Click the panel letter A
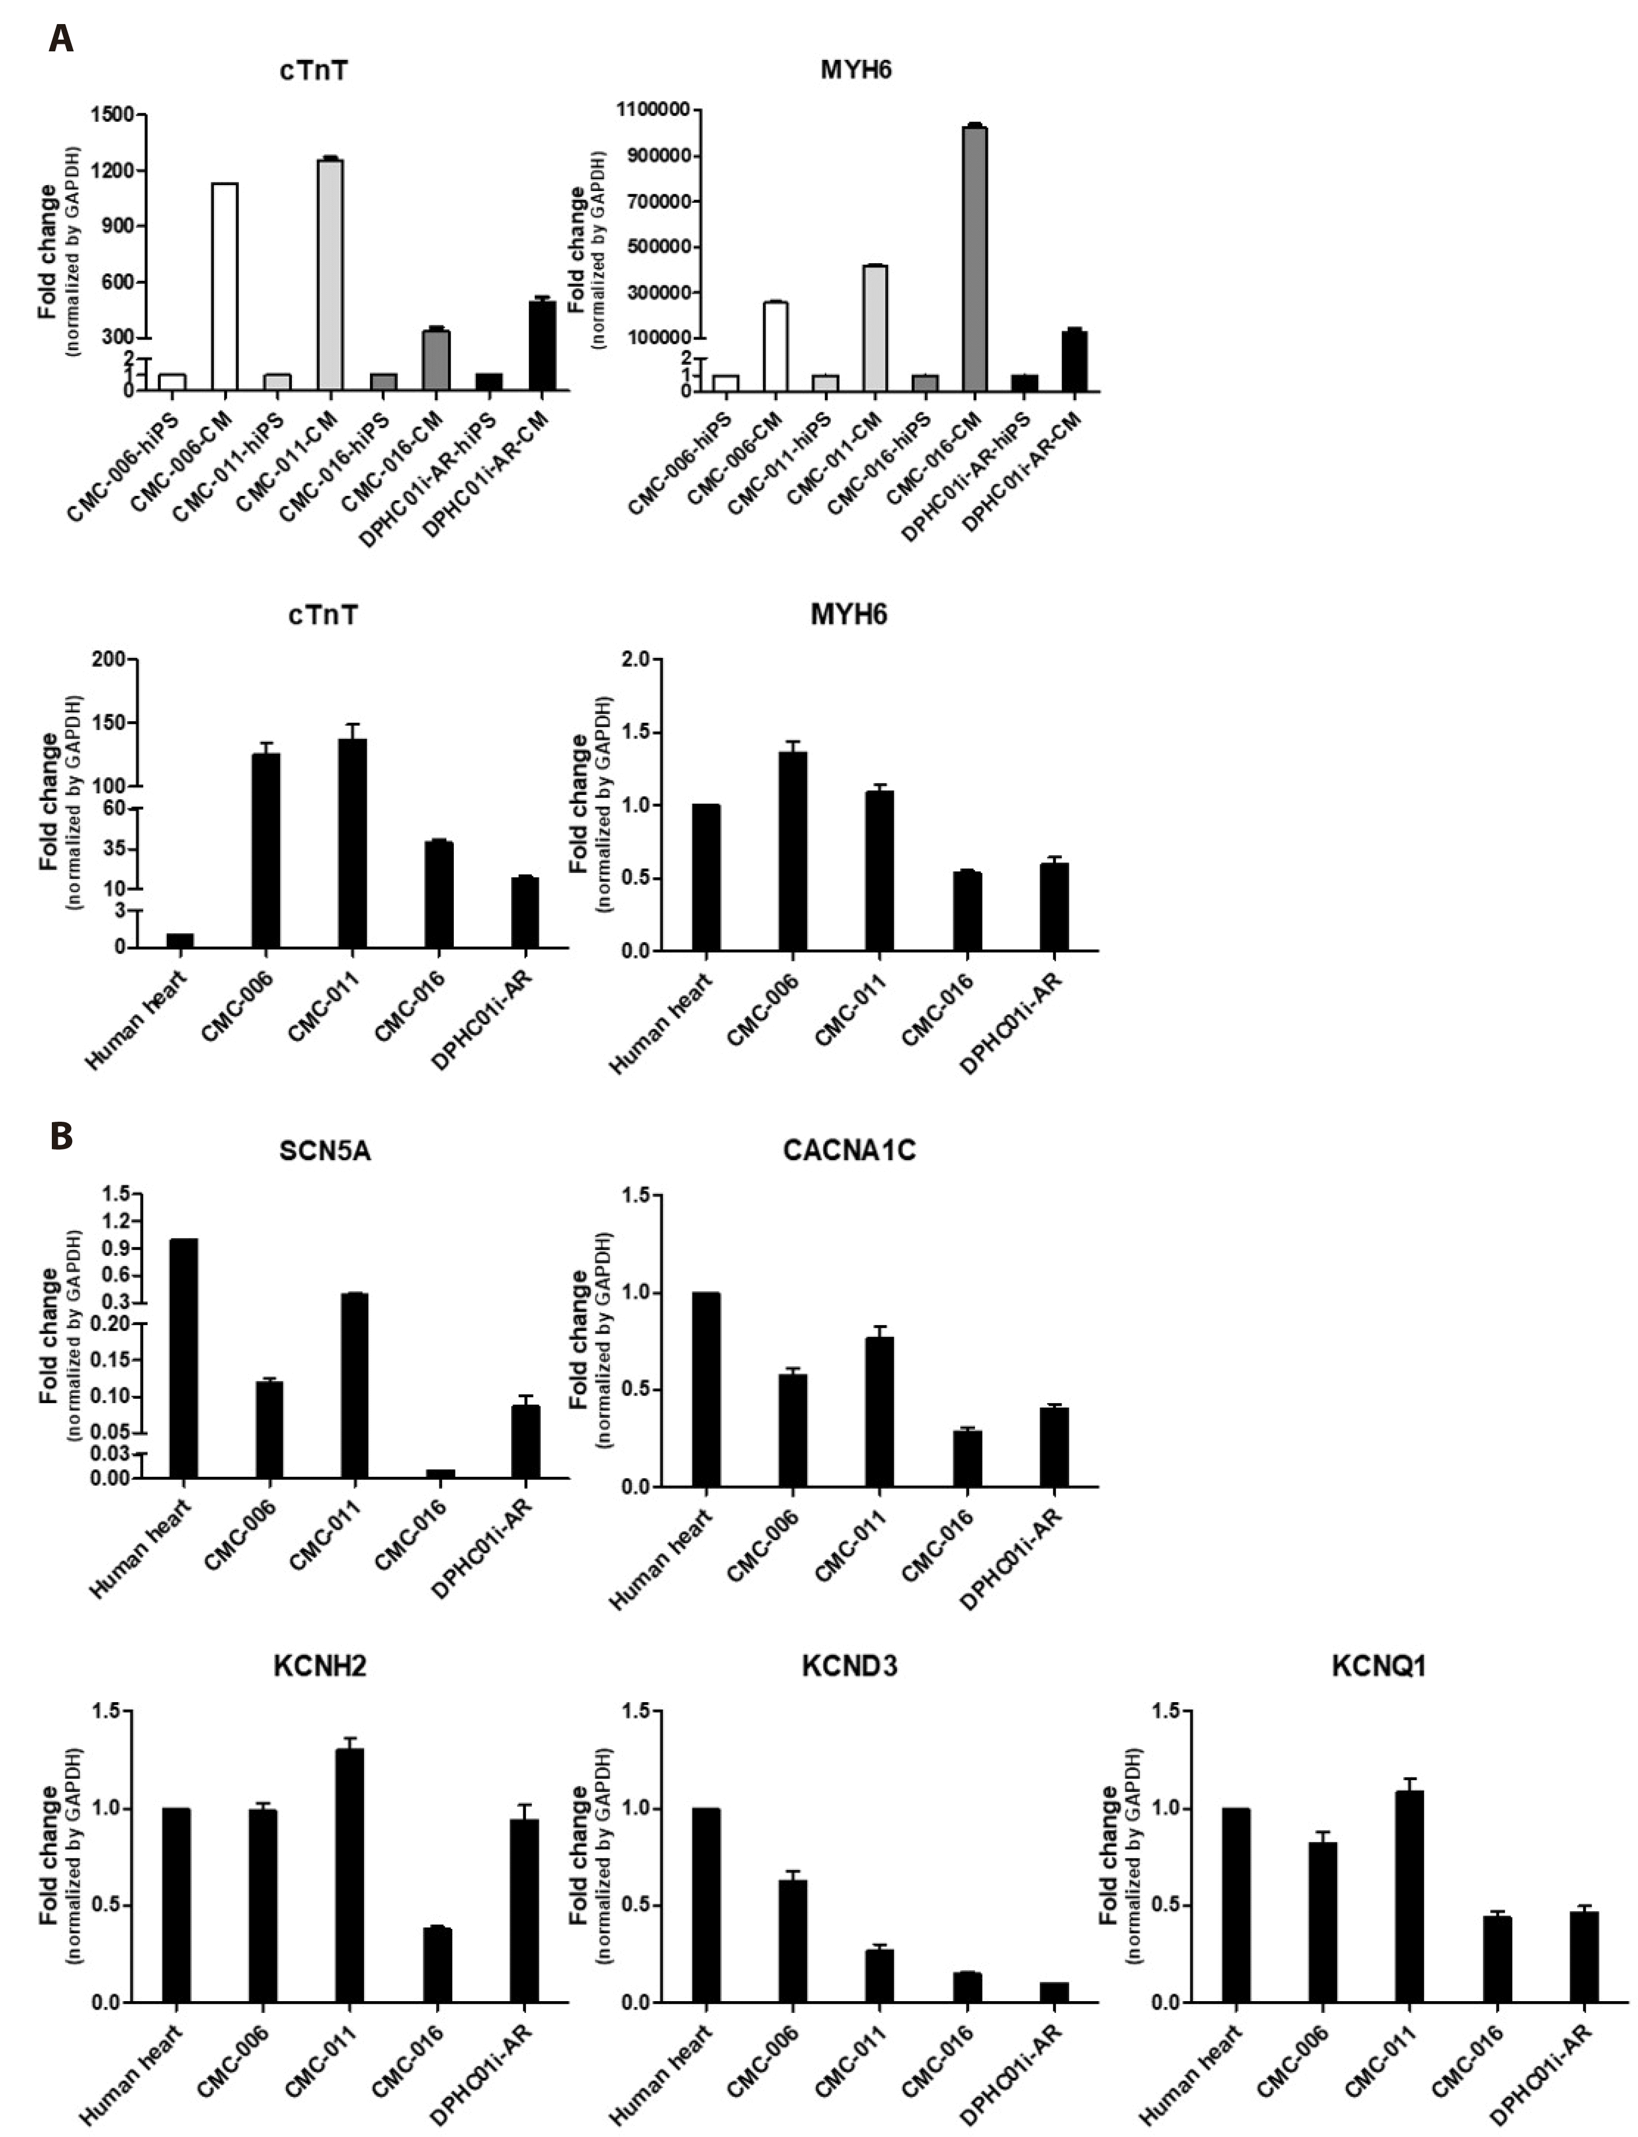[x=60, y=40]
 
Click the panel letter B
[x=60, y=1136]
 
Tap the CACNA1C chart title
[x=849, y=1151]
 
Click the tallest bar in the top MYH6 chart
[x=973, y=258]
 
